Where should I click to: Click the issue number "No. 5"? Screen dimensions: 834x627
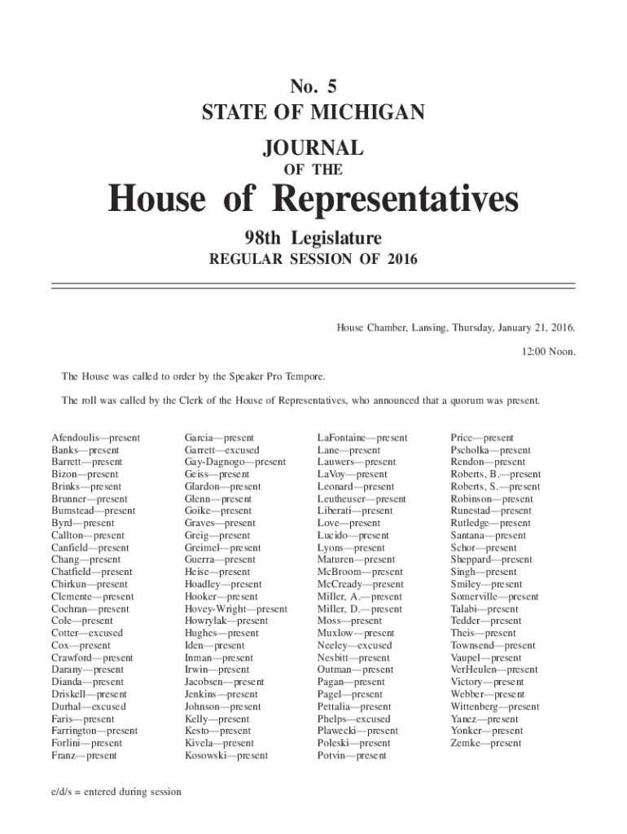pos(313,86)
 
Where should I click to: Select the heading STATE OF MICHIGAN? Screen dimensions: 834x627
pos(313,112)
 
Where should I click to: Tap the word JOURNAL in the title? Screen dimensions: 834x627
pos(313,148)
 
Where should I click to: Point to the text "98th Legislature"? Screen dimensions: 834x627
pos(313,238)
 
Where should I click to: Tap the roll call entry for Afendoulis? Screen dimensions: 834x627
pos(96,438)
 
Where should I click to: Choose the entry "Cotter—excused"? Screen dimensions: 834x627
pos(87,633)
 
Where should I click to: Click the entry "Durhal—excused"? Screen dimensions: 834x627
pos(89,706)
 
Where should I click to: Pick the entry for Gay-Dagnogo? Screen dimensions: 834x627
pos(235,462)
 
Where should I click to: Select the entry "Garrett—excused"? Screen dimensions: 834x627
pos(221,450)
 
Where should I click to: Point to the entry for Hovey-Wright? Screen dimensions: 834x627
pos(235,608)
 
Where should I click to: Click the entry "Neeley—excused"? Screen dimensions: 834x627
pos(354,645)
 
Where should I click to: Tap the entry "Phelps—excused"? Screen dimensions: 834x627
pos(353,718)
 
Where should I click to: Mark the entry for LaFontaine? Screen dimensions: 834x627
pos(362,438)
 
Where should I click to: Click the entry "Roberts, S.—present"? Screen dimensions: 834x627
pos(495,487)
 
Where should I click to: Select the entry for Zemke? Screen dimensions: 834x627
pos(486,743)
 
